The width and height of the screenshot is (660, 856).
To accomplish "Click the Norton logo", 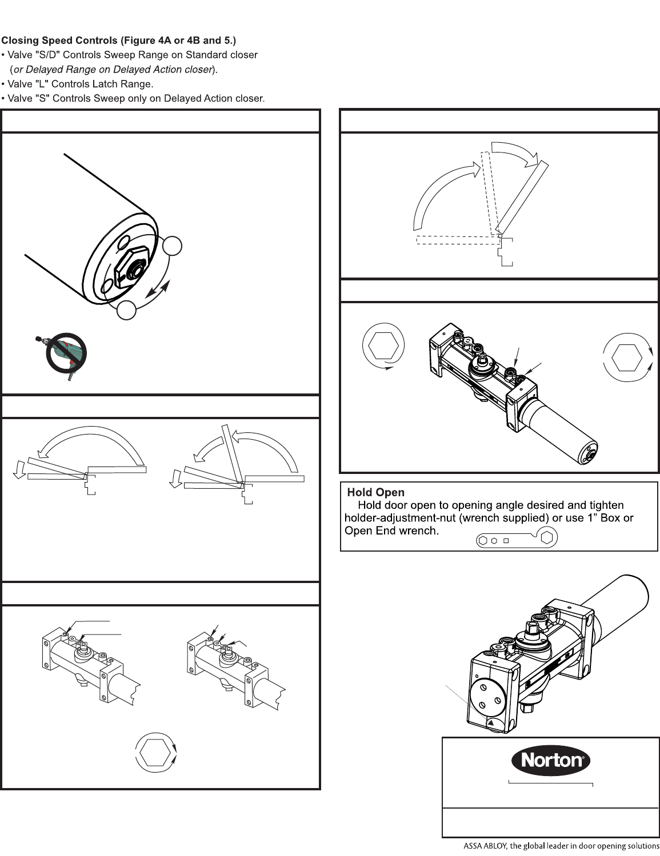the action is point(550,760).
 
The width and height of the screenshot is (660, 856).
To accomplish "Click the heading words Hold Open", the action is point(375,492).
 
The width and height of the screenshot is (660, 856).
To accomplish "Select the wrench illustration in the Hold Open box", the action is point(517,538).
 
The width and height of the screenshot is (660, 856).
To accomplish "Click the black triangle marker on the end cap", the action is point(491,723).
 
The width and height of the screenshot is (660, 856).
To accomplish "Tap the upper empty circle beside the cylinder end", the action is point(171,246).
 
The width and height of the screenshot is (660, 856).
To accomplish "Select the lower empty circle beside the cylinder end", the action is point(127,310).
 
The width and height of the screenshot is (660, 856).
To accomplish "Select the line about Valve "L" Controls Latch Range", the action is point(77,84).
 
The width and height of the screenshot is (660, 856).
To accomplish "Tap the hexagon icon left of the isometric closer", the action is point(383,345).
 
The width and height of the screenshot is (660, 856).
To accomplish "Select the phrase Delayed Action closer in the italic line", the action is point(171,70).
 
